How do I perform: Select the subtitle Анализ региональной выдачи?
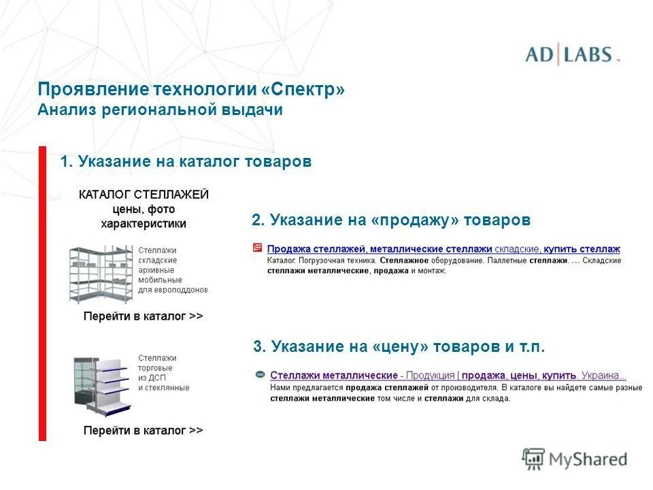pyautogui.click(x=160, y=110)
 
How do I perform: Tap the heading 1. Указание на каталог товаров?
pyautogui.click(x=186, y=162)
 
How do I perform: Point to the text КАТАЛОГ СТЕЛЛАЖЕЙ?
pyautogui.click(x=144, y=195)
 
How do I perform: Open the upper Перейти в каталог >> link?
pyautogui.click(x=143, y=316)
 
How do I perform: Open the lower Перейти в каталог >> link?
pyautogui.click(x=143, y=431)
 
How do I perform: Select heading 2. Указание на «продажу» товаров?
pyautogui.click(x=390, y=220)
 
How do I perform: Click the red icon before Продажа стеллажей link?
pyautogui.click(x=257, y=248)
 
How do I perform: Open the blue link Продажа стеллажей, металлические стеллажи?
pyautogui.click(x=380, y=250)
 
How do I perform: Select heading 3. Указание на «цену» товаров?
pyautogui.click(x=399, y=347)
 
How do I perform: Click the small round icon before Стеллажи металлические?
pyautogui.click(x=259, y=375)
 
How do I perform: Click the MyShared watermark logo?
pyautogui.click(x=575, y=459)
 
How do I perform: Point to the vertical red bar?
pyautogui.click(x=42, y=293)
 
